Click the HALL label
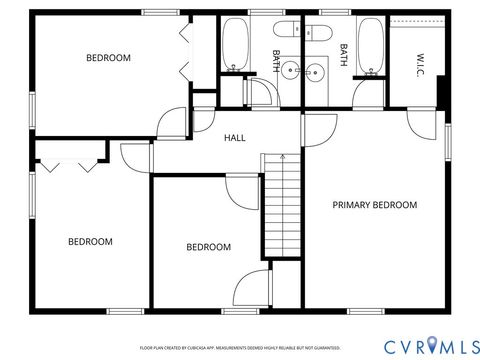pos(235,137)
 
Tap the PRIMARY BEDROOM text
pos(374,205)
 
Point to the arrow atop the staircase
pos(281,157)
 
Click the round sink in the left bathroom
pos(289,70)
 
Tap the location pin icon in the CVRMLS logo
pos(432,344)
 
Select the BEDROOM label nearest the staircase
pos(208,247)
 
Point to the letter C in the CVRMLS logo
pos(390,345)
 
